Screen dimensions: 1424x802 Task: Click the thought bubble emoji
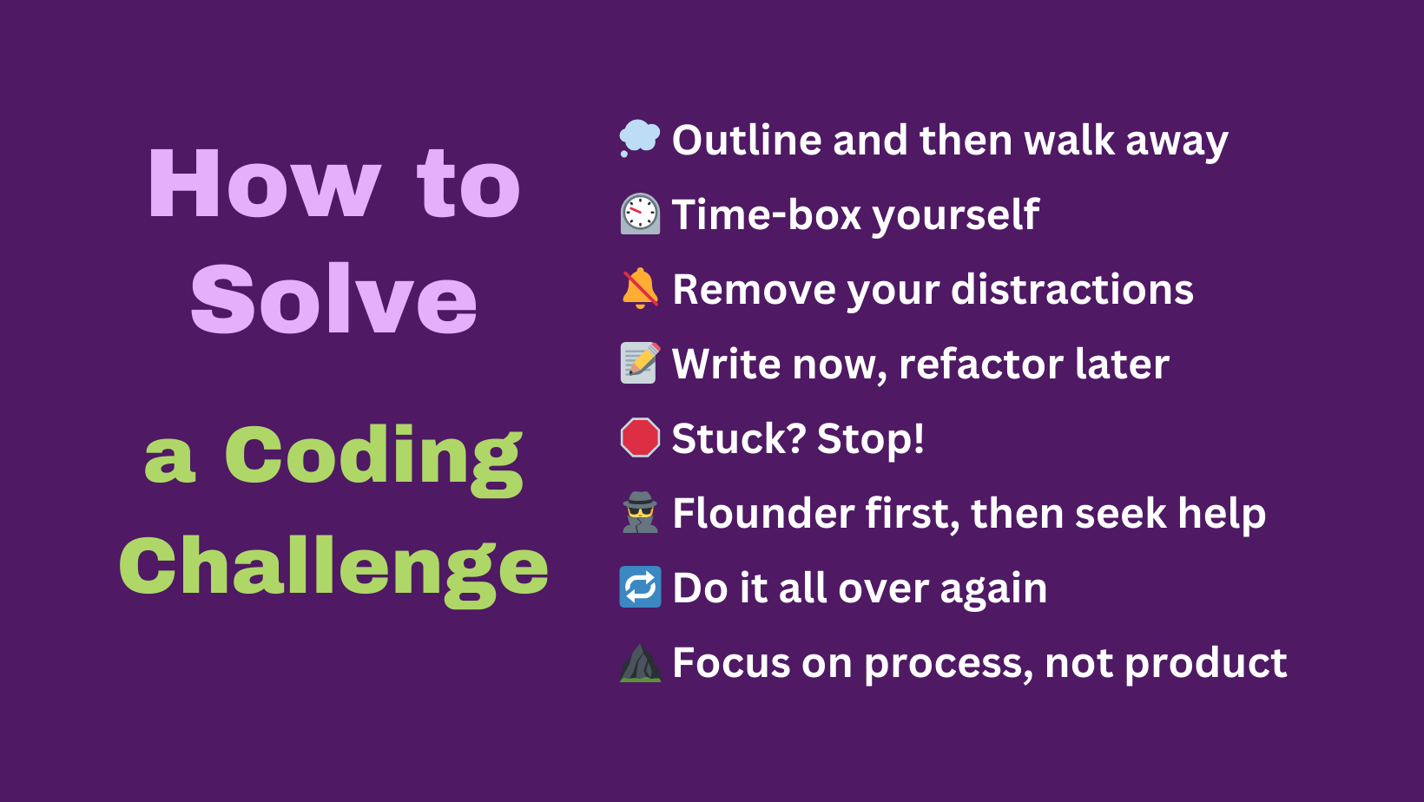(640, 138)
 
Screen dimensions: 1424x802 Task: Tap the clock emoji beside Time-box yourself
(640, 214)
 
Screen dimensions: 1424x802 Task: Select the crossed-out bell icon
(640, 288)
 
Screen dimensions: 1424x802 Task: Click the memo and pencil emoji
(640, 363)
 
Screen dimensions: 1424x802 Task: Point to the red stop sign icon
(640, 437)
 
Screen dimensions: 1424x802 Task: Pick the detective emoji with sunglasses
(640, 512)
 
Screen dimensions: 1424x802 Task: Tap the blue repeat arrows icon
(640, 587)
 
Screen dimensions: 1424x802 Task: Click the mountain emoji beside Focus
(640, 663)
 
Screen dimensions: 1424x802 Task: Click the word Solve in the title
(333, 299)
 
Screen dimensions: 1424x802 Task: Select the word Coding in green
(373, 458)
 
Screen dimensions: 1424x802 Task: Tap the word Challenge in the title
(333, 569)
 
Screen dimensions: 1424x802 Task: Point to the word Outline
(747, 140)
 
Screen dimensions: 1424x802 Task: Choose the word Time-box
(767, 214)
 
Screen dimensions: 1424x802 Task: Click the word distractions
(1072, 289)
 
